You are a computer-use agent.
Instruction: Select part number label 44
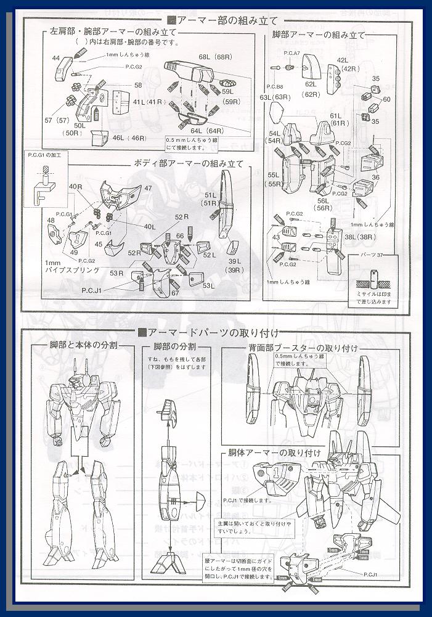coord(56,58)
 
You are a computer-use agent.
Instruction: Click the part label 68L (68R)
coord(211,57)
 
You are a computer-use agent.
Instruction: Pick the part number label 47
coord(148,187)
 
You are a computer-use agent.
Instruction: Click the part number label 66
coord(180,236)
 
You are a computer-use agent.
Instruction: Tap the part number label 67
coord(175,293)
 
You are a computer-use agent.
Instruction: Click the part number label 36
coord(375,177)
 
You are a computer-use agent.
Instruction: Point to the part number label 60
coord(386,99)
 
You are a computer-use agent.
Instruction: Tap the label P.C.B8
coord(275,87)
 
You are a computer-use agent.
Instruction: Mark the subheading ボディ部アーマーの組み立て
coord(189,163)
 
